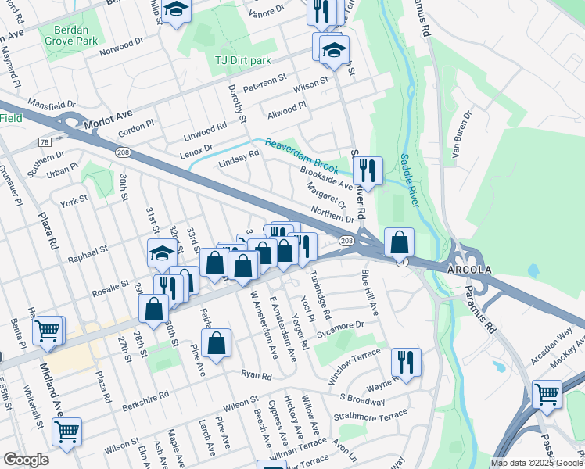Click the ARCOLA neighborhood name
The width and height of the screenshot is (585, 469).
point(469,270)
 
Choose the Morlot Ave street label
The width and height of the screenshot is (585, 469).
point(109,114)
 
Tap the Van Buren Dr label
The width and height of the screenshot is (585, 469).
point(463,134)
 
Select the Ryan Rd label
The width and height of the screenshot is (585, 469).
point(256,376)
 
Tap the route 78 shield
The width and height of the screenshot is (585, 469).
point(44,141)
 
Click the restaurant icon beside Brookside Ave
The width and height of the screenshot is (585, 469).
point(367,170)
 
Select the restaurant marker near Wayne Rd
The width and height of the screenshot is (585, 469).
point(406,362)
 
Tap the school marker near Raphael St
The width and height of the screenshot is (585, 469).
point(161,252)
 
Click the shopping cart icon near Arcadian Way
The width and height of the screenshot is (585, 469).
point(547,393)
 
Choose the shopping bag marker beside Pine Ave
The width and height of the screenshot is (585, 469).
point(216,342)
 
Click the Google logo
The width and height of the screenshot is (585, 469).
point(25,460)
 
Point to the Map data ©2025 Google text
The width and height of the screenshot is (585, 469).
point(536,463)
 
